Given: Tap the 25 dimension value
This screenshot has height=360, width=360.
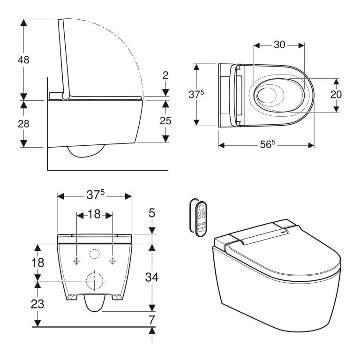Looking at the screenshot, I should click(x=165, y=120).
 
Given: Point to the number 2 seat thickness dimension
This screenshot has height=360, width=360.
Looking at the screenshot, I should click(x=165, y=75).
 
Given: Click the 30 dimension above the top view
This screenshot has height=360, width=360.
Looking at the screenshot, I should click(x=279, y=45).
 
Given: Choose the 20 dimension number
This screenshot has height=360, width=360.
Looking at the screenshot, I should click(x=336, y=94).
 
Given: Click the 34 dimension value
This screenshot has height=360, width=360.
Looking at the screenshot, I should click(x=151, y=277).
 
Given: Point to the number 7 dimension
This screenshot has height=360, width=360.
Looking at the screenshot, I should click(x=151, y=320).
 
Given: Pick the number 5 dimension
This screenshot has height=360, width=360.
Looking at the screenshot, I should click(x=151, y=214).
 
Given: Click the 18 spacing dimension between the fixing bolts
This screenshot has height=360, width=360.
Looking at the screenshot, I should click(x=94, y=214).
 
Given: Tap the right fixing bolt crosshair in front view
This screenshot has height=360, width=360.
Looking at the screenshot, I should click(x=112, y=261).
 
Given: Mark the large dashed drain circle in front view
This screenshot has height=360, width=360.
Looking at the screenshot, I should click(x=94, y=280).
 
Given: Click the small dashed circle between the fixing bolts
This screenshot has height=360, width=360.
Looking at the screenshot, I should click(x=94, y=254).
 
